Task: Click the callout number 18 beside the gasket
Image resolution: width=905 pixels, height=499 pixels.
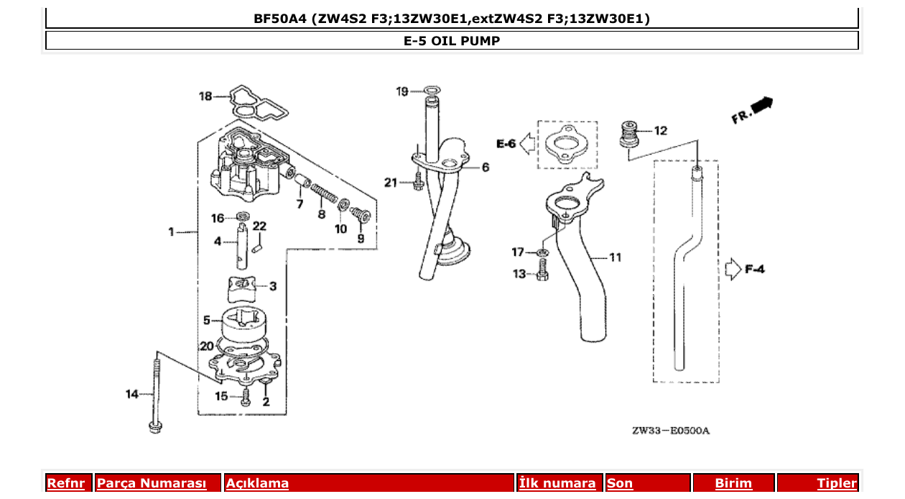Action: [x=205, y=96]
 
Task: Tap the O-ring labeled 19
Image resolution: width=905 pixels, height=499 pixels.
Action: [x=431, y=91]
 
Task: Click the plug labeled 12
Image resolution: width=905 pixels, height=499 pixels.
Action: [x=629, y=133]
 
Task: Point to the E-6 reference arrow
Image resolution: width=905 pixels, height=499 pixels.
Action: [x=527, y=144]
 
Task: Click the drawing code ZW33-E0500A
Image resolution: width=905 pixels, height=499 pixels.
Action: [x=670, y=431]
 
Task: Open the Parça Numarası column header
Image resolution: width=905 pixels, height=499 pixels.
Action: [x=152, y=483]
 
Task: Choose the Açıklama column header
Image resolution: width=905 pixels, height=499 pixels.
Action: [x=257, y=483]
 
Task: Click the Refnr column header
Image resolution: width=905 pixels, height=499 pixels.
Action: [x=65, y=483]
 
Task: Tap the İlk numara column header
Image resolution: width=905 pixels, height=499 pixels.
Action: [x=557, y=483]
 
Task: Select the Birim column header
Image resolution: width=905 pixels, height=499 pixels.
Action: [x=733, y=483]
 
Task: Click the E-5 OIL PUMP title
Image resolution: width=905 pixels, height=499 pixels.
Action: [x=452, y=41]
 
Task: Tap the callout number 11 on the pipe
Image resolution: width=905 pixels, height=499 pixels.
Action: [x=615, y=257]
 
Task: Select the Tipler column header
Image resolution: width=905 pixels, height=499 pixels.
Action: [x=836, y=483]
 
